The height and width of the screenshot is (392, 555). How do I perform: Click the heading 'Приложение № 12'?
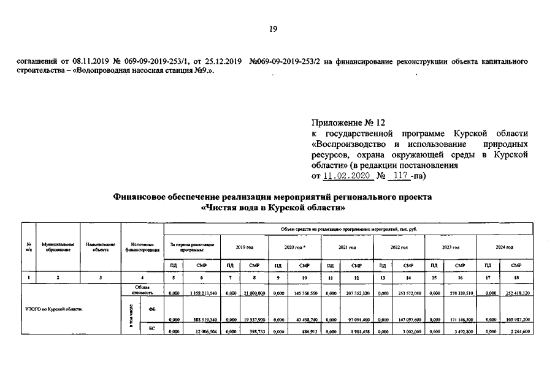click(x=350, y=122)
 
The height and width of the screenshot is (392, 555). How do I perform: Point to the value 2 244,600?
click(x=518, y=331)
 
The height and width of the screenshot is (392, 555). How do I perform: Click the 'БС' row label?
click(x=151, y=329)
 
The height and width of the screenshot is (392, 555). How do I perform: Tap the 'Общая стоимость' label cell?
click(x=142, y=289)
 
